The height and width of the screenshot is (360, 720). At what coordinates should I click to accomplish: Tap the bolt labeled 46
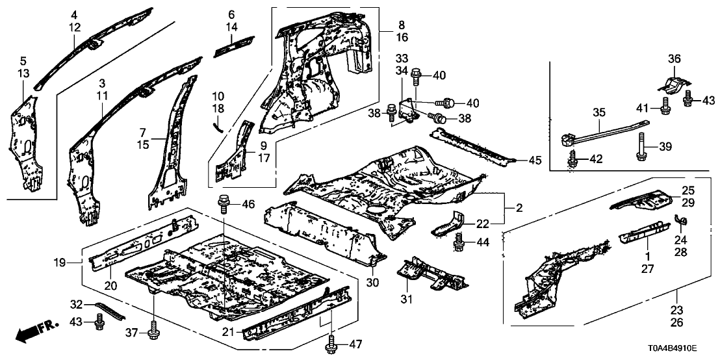point(222,204)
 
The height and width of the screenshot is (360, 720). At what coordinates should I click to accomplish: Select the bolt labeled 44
point(459,243)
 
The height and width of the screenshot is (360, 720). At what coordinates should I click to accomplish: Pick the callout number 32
point(76,303)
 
